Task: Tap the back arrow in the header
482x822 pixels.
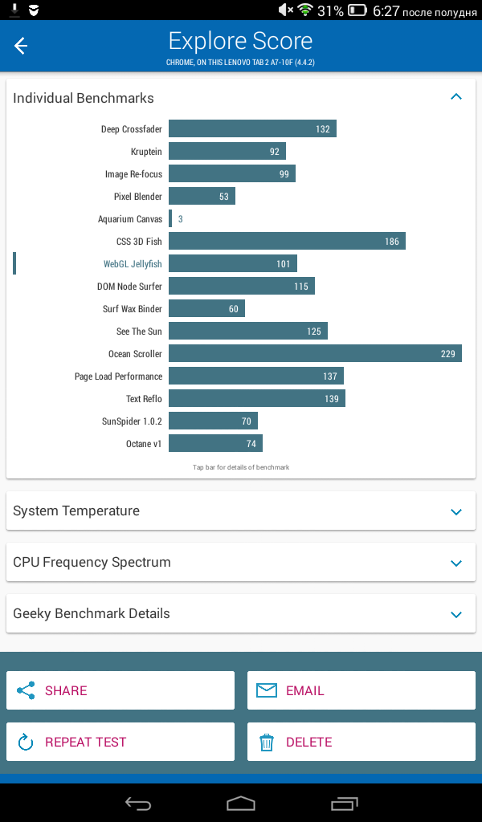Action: click(20, 46)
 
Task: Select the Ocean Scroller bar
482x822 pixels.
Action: click(315, 353)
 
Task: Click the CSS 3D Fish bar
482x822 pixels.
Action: click(287, 241)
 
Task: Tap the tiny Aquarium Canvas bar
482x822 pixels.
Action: click(170, 218)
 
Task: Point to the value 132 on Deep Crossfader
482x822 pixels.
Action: click(323, 129)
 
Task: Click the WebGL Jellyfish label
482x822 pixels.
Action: click(133, 264)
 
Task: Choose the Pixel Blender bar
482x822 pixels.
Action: click(202, 196)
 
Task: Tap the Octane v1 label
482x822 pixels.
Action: click(144, 444)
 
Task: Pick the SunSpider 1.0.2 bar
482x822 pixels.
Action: click(213, 421)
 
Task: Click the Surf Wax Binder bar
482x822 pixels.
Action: click(206, 309)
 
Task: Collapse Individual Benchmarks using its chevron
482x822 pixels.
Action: click(456, 96)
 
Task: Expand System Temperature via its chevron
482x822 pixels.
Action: click(456, 511)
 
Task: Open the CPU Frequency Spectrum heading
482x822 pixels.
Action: click(92, 562)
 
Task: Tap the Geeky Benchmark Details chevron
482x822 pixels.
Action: click(456, 614)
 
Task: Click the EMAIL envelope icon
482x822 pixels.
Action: click(267, 690)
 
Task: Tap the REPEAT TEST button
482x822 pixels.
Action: click(120, 742)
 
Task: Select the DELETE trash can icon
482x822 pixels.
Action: click(267, 743)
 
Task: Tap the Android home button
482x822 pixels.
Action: click(241, 803)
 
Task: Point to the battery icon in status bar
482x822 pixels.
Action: click(357, 10)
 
